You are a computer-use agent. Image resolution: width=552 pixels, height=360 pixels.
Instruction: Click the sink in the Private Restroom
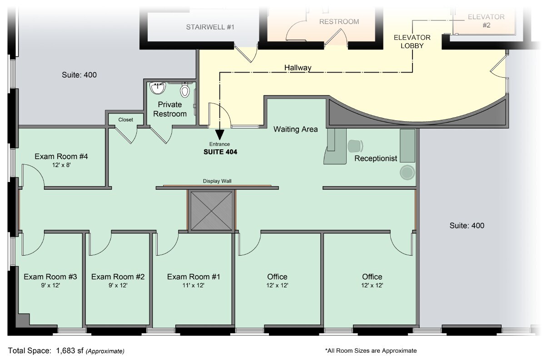pos(158,88)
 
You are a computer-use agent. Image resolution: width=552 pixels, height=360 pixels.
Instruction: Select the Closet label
pos(126,120)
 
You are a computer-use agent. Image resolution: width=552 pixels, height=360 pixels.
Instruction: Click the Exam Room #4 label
pos(61,156)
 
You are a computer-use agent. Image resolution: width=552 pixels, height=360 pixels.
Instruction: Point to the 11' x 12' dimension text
pos(194,285)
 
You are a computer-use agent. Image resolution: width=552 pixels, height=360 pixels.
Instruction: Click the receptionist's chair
pos(355,146)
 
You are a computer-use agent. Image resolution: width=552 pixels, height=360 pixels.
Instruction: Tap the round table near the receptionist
pos(407,173)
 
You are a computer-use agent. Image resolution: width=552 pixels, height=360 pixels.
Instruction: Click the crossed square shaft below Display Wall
pos(212,211)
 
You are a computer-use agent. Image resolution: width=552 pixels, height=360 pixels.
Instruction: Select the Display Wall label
pos(217,181)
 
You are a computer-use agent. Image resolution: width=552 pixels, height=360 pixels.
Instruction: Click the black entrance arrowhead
pos(219,135)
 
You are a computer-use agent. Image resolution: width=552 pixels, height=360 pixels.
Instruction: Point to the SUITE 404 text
pos(220,152)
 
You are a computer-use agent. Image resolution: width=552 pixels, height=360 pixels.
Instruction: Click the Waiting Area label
pos(295,129)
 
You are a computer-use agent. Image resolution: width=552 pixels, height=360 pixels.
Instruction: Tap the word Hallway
pos(298,68)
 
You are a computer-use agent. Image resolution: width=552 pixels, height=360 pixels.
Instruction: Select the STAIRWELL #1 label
pos(210,27)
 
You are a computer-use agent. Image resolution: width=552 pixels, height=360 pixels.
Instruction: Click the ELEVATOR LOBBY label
pos(412,42)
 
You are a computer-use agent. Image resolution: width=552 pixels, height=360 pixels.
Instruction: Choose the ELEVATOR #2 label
pos(486,21)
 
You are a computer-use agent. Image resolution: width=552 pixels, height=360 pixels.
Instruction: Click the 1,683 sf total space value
pos(70,350)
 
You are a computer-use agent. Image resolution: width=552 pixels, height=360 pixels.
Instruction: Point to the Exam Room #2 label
pos(118,277)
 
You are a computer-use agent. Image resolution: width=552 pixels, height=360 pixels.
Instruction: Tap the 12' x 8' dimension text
pos(61,165)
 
